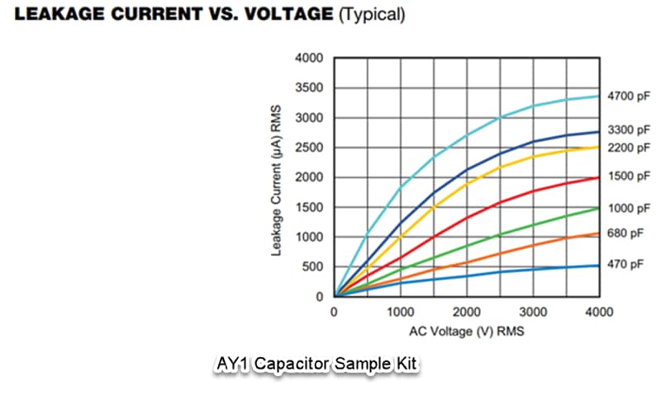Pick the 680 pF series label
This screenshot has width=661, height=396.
tap(625, 233)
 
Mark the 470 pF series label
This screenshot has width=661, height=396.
tap(625, 265)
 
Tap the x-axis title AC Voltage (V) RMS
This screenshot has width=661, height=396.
tap(467, 331)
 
